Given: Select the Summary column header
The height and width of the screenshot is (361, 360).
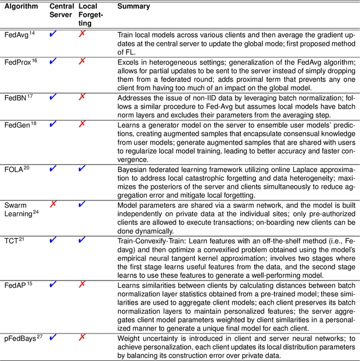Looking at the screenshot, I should pyautogui.click(x=133, y=7).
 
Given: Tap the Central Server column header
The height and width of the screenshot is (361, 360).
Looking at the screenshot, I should pyautogui.click(x=61, y=11).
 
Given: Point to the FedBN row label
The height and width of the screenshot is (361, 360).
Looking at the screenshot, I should pyautogui.click(x=17, y=97).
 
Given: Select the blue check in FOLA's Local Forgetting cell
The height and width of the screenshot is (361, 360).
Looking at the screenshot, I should pyautogui.click(x=83, y=168).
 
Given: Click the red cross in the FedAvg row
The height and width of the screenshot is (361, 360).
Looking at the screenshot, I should pyautogui.click(x=83, y=34).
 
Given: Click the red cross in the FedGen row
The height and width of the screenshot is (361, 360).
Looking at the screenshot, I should pyautogui.click(x=83, y=123).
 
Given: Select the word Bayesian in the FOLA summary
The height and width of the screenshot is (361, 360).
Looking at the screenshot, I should pyautogui.click(x=132, y=170).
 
